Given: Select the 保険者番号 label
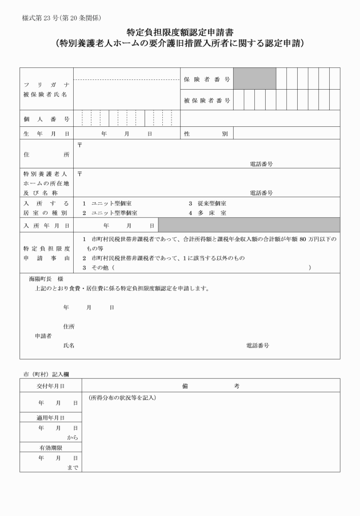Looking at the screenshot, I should click(207, 79).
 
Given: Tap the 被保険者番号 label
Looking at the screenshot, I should click(207, 101).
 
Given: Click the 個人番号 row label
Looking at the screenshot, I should click(46, 119).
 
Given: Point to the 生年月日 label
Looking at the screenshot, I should click(46, 134).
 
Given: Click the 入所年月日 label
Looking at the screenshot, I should click(46, 226).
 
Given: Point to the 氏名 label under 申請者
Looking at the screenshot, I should click(69, 346).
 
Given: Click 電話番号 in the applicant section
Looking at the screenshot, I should click(258, 346).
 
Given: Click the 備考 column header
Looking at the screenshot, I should click(211, 386).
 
